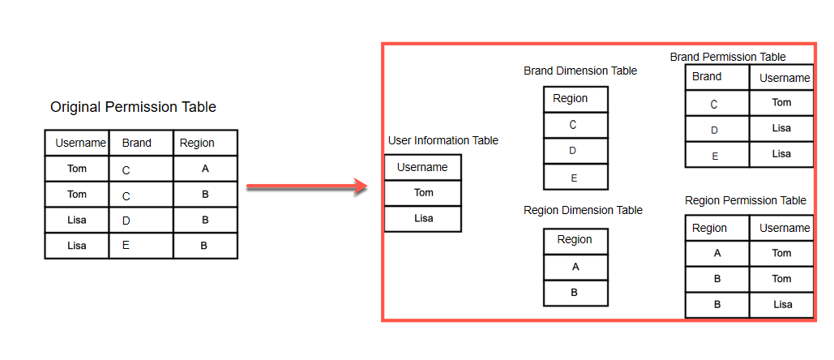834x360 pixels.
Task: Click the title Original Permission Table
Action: tap(133, 107)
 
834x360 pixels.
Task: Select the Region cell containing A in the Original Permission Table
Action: tap(205, 169)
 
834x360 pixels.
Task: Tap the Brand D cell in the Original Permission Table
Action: tap(140, 220)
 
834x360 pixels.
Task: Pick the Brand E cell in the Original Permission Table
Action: tap(140, 246)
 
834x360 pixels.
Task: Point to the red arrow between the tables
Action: tap(307, 187)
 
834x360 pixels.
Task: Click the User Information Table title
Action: tap(443, 140)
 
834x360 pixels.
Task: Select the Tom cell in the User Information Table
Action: tap(423, 193)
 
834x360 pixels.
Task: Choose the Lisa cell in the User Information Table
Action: tap(423, 218)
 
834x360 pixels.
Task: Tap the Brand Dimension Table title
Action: tap(580, 71)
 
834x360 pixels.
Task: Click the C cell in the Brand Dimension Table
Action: tap(575, 125)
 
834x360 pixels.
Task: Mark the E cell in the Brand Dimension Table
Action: tap(575, 177)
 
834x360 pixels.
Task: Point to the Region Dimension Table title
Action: tap(583, 210)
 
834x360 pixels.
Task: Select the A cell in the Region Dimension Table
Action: tap(575, 267)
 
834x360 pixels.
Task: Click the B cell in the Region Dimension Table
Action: tap(575, 293)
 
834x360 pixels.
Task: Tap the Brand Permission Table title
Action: tap(728, 57)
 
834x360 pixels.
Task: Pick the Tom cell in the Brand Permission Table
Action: tap(781, 103)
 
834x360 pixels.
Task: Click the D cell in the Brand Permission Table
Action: tap(716, 129)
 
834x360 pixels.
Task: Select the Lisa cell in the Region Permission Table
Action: tap(781, 304)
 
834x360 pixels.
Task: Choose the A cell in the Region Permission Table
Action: tap(717, 253)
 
